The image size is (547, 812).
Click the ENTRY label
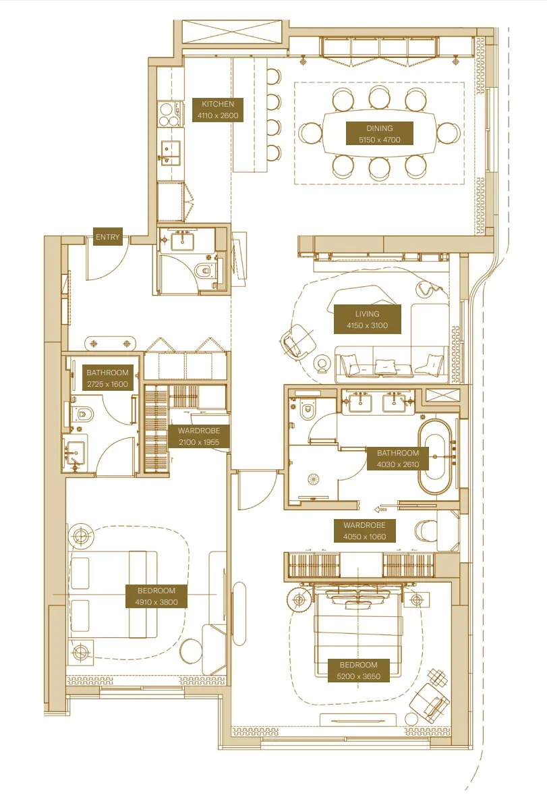[x=107, y=237]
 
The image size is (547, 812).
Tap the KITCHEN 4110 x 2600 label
[x=217, y=110]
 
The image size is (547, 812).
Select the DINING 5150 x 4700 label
[x=378, y=134]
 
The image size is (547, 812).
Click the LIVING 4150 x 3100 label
[x=367, y=319]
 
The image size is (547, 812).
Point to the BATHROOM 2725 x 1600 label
[x=107, y=378]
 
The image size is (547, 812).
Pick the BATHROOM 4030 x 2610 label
[x=397, y=459]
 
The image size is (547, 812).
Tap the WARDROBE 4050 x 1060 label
[x=364, y=531]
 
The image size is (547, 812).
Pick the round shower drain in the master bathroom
[x=313, y=478]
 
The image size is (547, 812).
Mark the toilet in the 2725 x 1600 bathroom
[x=81, y=414]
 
